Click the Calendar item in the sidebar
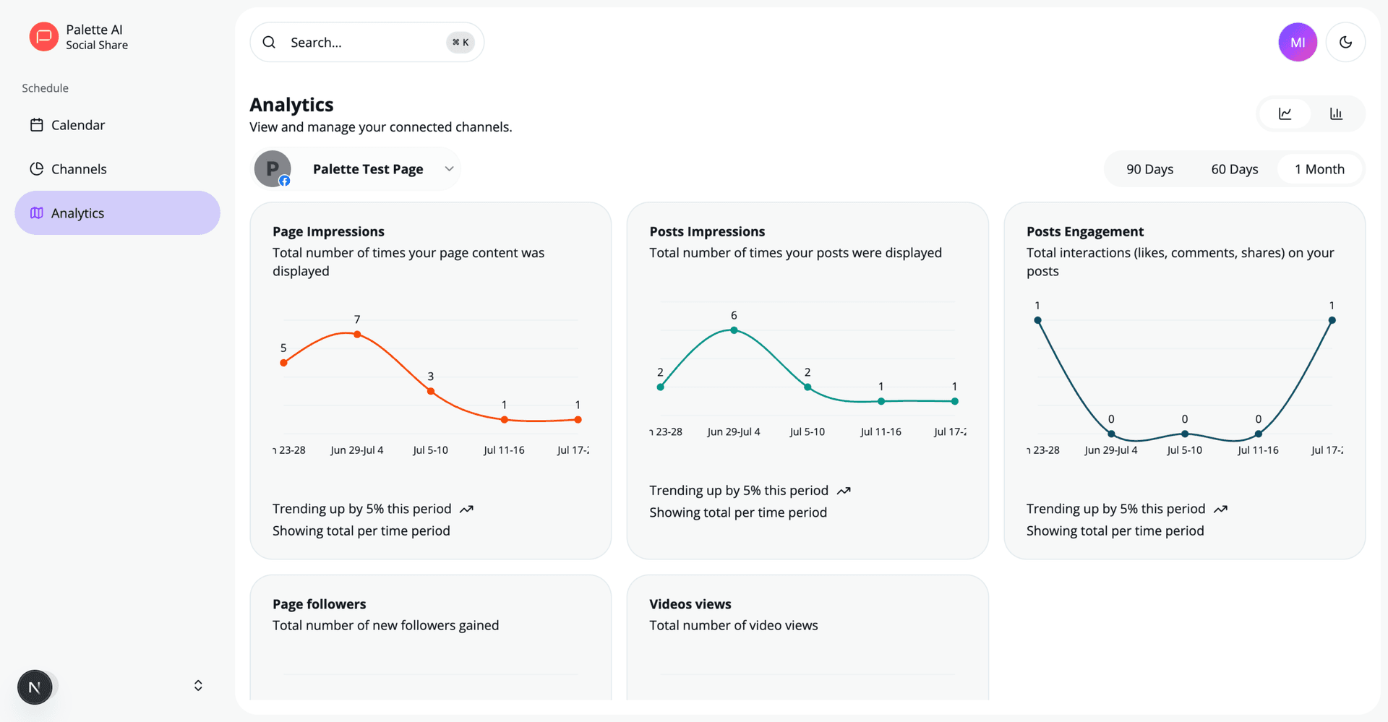[x=78, y=125]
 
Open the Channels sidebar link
[x=79, y=169]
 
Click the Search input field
[x=361, y=43]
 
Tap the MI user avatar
[x=1298, y=43]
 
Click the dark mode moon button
[x=1345, y=43]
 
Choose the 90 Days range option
[x=1149, y=169]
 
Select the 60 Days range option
[x=1235, y=169]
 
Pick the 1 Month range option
[x=1319, y=169]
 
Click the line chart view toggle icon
[x=1285, y=113]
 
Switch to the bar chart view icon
[x=1336, y=113]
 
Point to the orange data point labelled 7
[x=357, y=335]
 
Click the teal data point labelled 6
[x=734, y=330]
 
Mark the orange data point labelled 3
[x=431, y=391]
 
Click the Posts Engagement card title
[x=1084, y=232]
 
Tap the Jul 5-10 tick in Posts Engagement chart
[x=1184, y=450]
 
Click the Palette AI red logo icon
[x=43, y=37]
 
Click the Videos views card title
[x=690, y=604]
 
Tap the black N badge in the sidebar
[x=35, y=687]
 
